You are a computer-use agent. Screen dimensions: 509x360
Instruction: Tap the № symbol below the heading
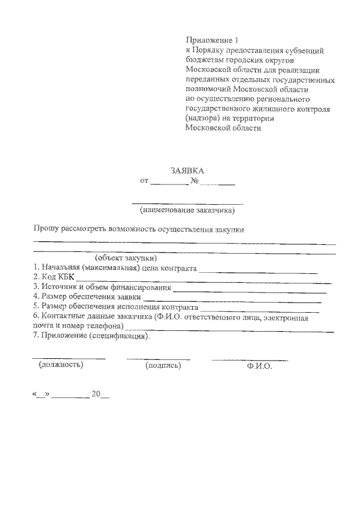[x=195, y=181]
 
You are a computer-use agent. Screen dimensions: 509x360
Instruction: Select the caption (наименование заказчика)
[x=187, y=211]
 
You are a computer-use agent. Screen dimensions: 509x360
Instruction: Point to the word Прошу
[x=43, y=229]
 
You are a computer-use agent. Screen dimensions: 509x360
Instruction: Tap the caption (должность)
[x=61, y=365]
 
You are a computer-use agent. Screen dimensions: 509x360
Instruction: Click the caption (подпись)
[x=163, y=366]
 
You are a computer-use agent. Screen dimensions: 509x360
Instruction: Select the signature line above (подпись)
[x=158, y=359]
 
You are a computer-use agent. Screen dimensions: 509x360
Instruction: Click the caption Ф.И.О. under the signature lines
[x=259, y=366]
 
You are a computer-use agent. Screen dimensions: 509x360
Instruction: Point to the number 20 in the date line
[x=95, y=395]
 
